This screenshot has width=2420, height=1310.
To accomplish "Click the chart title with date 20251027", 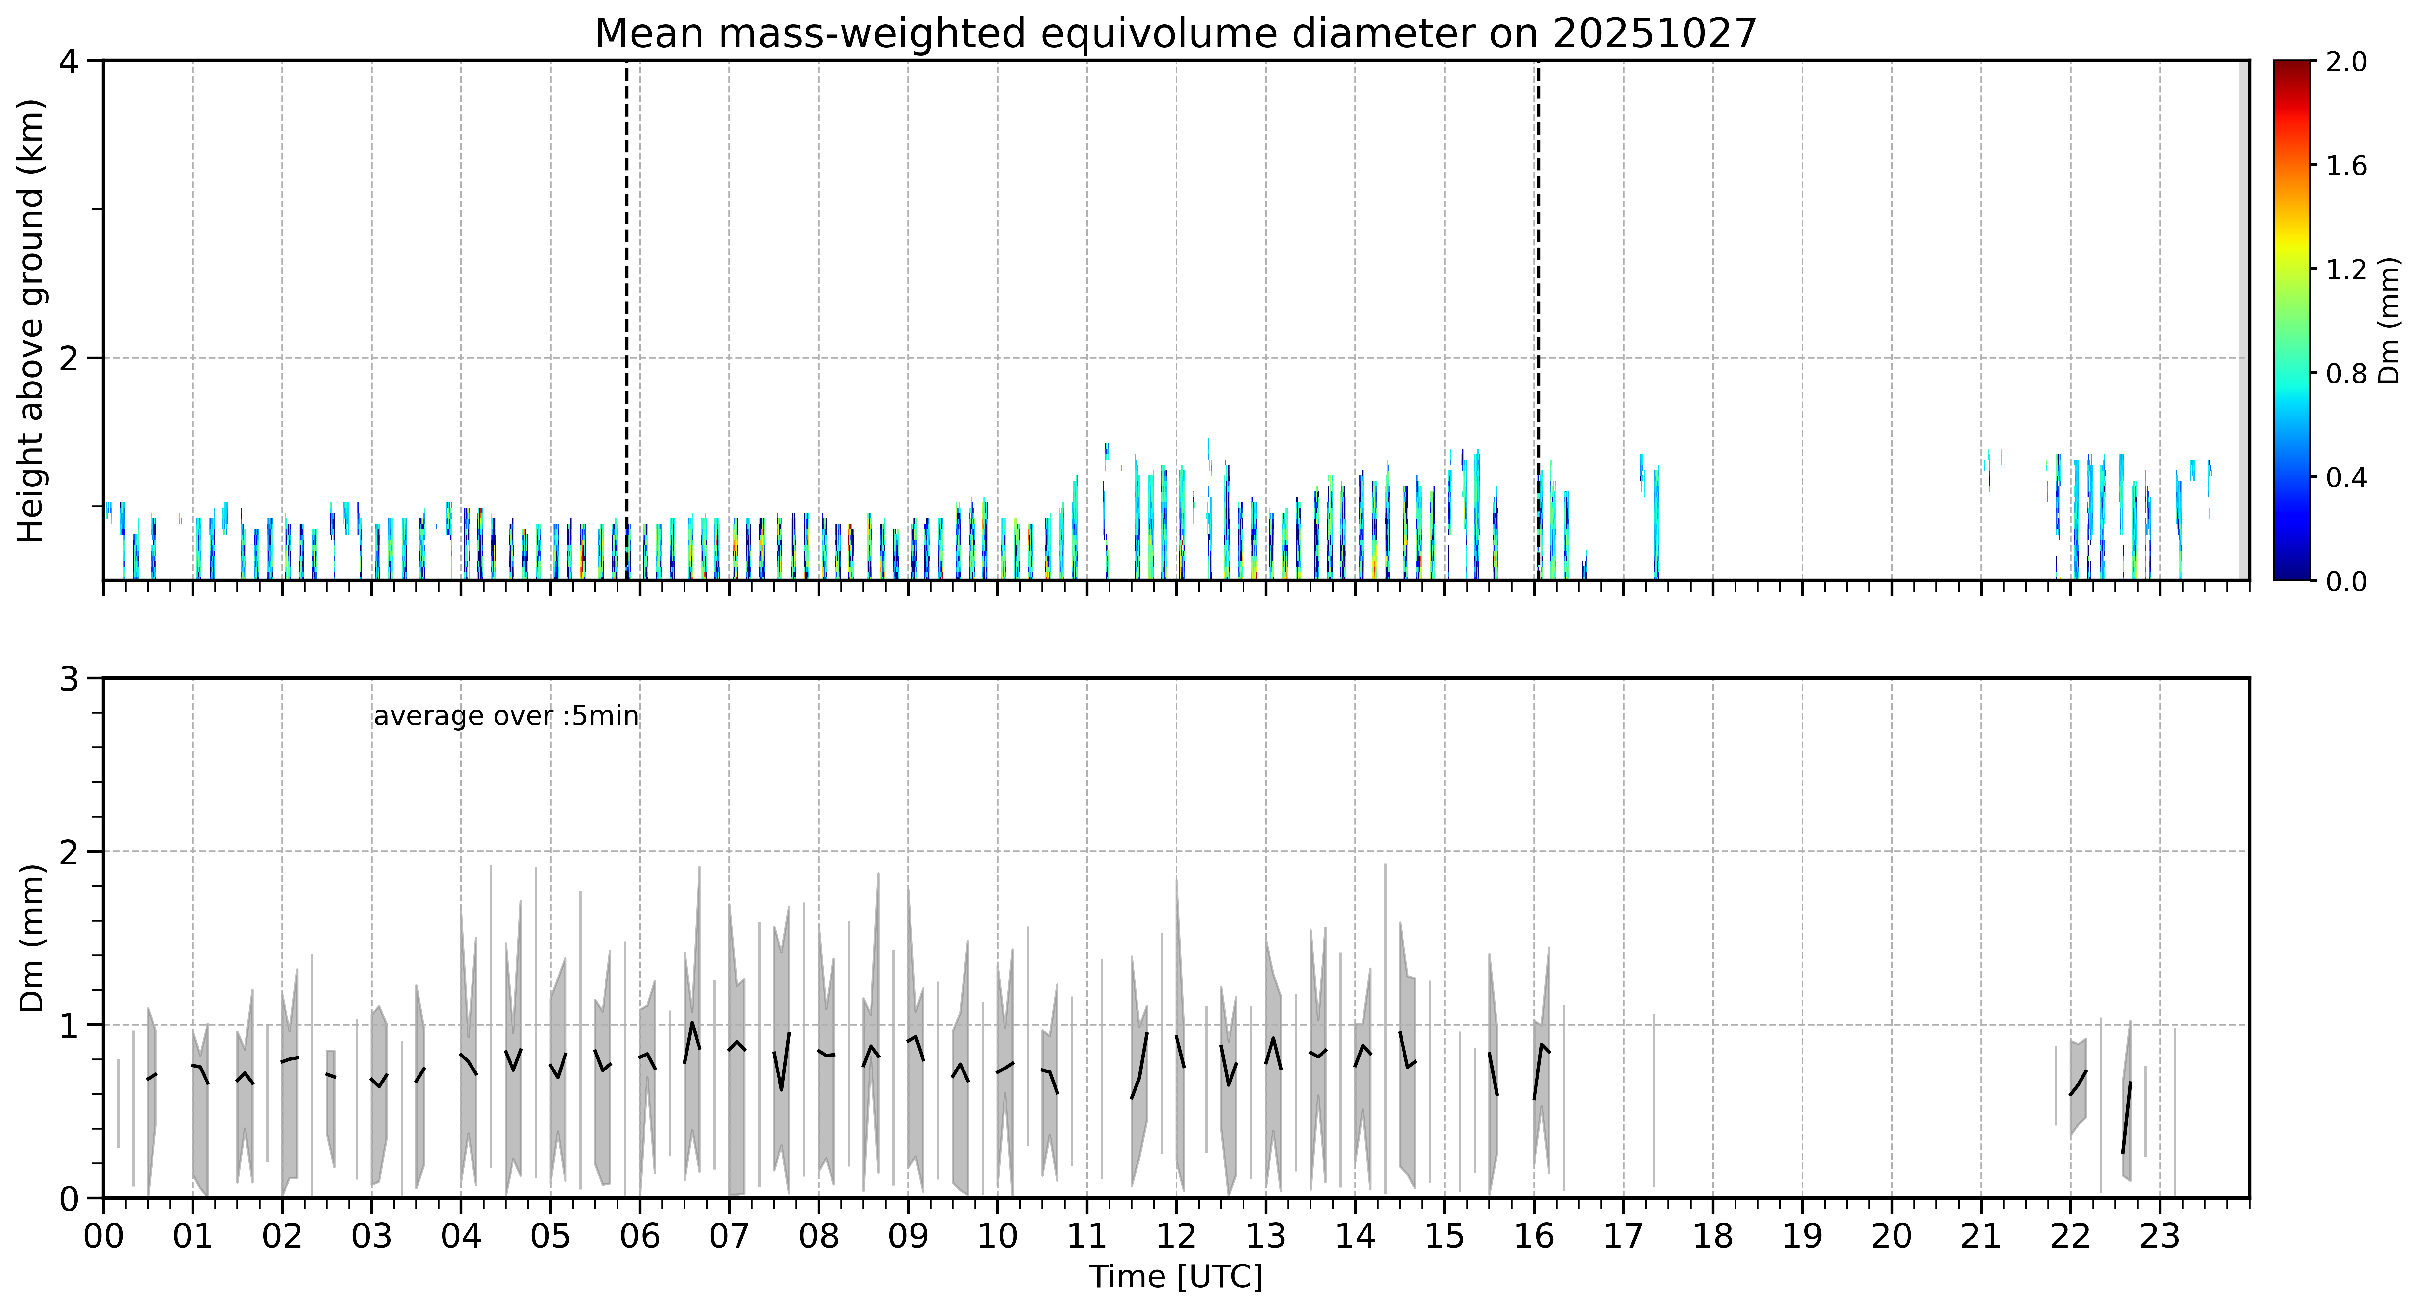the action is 1175,34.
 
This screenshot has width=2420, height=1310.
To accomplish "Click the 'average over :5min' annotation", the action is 505,717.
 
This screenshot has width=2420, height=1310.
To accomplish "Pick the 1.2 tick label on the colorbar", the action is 2346,269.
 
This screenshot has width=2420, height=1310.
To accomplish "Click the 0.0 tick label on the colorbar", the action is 2346,581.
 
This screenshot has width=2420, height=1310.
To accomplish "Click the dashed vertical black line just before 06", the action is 627,320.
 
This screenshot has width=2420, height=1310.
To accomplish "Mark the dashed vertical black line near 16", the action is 1538,320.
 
